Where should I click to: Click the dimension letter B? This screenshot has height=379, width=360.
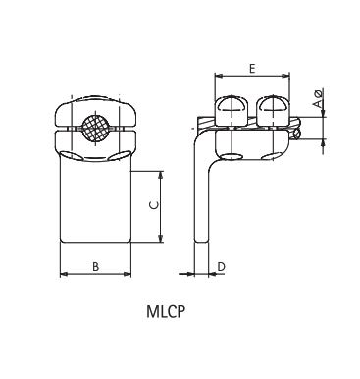coord(95,266)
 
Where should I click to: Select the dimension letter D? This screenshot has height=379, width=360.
coord(222,266)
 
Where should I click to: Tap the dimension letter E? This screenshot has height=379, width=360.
coord(253,68)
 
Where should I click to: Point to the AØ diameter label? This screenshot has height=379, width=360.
coord(317,99)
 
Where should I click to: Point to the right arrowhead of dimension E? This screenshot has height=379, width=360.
coord(288,76)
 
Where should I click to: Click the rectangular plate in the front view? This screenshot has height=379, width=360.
coord(96,201)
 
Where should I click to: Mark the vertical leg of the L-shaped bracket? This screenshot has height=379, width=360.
coord(202,196)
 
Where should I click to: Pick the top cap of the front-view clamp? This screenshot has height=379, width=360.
coord(96,105)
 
